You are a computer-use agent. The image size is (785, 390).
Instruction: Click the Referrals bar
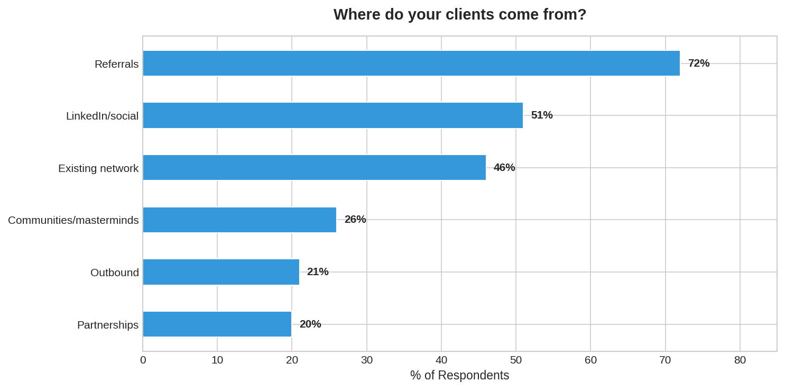pyautogui.click(x=411, y=64)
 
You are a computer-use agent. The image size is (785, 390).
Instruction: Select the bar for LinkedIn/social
pyautogui.click(x=333, y=115)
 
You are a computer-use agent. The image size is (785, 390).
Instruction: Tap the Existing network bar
pyautogui.click(x=315, y=168)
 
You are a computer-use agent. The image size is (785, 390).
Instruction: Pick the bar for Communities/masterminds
pyautogui.click(x=239, y=220)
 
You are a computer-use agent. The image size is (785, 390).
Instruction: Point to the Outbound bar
pyautogui.click(x=221, y=272)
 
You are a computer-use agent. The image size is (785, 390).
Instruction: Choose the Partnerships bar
pyautogui.click(x=217, y=324)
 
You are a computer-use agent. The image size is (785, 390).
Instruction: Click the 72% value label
pyautogui.click(x=698, y=64)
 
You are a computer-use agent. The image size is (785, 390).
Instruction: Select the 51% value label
pyautogui.click(x=542, y=115)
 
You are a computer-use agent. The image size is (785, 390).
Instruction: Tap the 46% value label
pyautogui.click(x=504, y=168)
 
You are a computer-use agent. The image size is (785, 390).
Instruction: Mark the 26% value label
pyautogui.click(x=355, y=220)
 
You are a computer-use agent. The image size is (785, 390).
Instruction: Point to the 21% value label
pyautogui.click(x=318, y=272)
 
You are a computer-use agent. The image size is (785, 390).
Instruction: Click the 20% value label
pyautogui.click(x=310, y=324)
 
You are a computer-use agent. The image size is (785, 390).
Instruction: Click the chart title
pyautogui.click(x=460, y=14)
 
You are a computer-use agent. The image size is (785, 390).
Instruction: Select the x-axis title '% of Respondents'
pyautogui.click(x=459, y=375)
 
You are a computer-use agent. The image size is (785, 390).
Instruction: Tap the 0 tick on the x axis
pyautogui.click(x=143, y=360)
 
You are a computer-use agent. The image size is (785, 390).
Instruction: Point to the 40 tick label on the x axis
pyautogui.click(x=441, y=360)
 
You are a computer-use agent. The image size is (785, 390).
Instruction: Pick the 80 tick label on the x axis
pyautogui.click(x=740, y=360)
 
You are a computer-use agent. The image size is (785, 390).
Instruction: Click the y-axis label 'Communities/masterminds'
pyautogui.click(x=73, y=220)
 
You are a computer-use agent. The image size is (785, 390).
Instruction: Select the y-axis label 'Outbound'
pyautogui.click(x=115, y=273)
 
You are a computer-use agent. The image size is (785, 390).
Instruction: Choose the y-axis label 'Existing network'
pyautogui.click(x=98, y=168)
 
